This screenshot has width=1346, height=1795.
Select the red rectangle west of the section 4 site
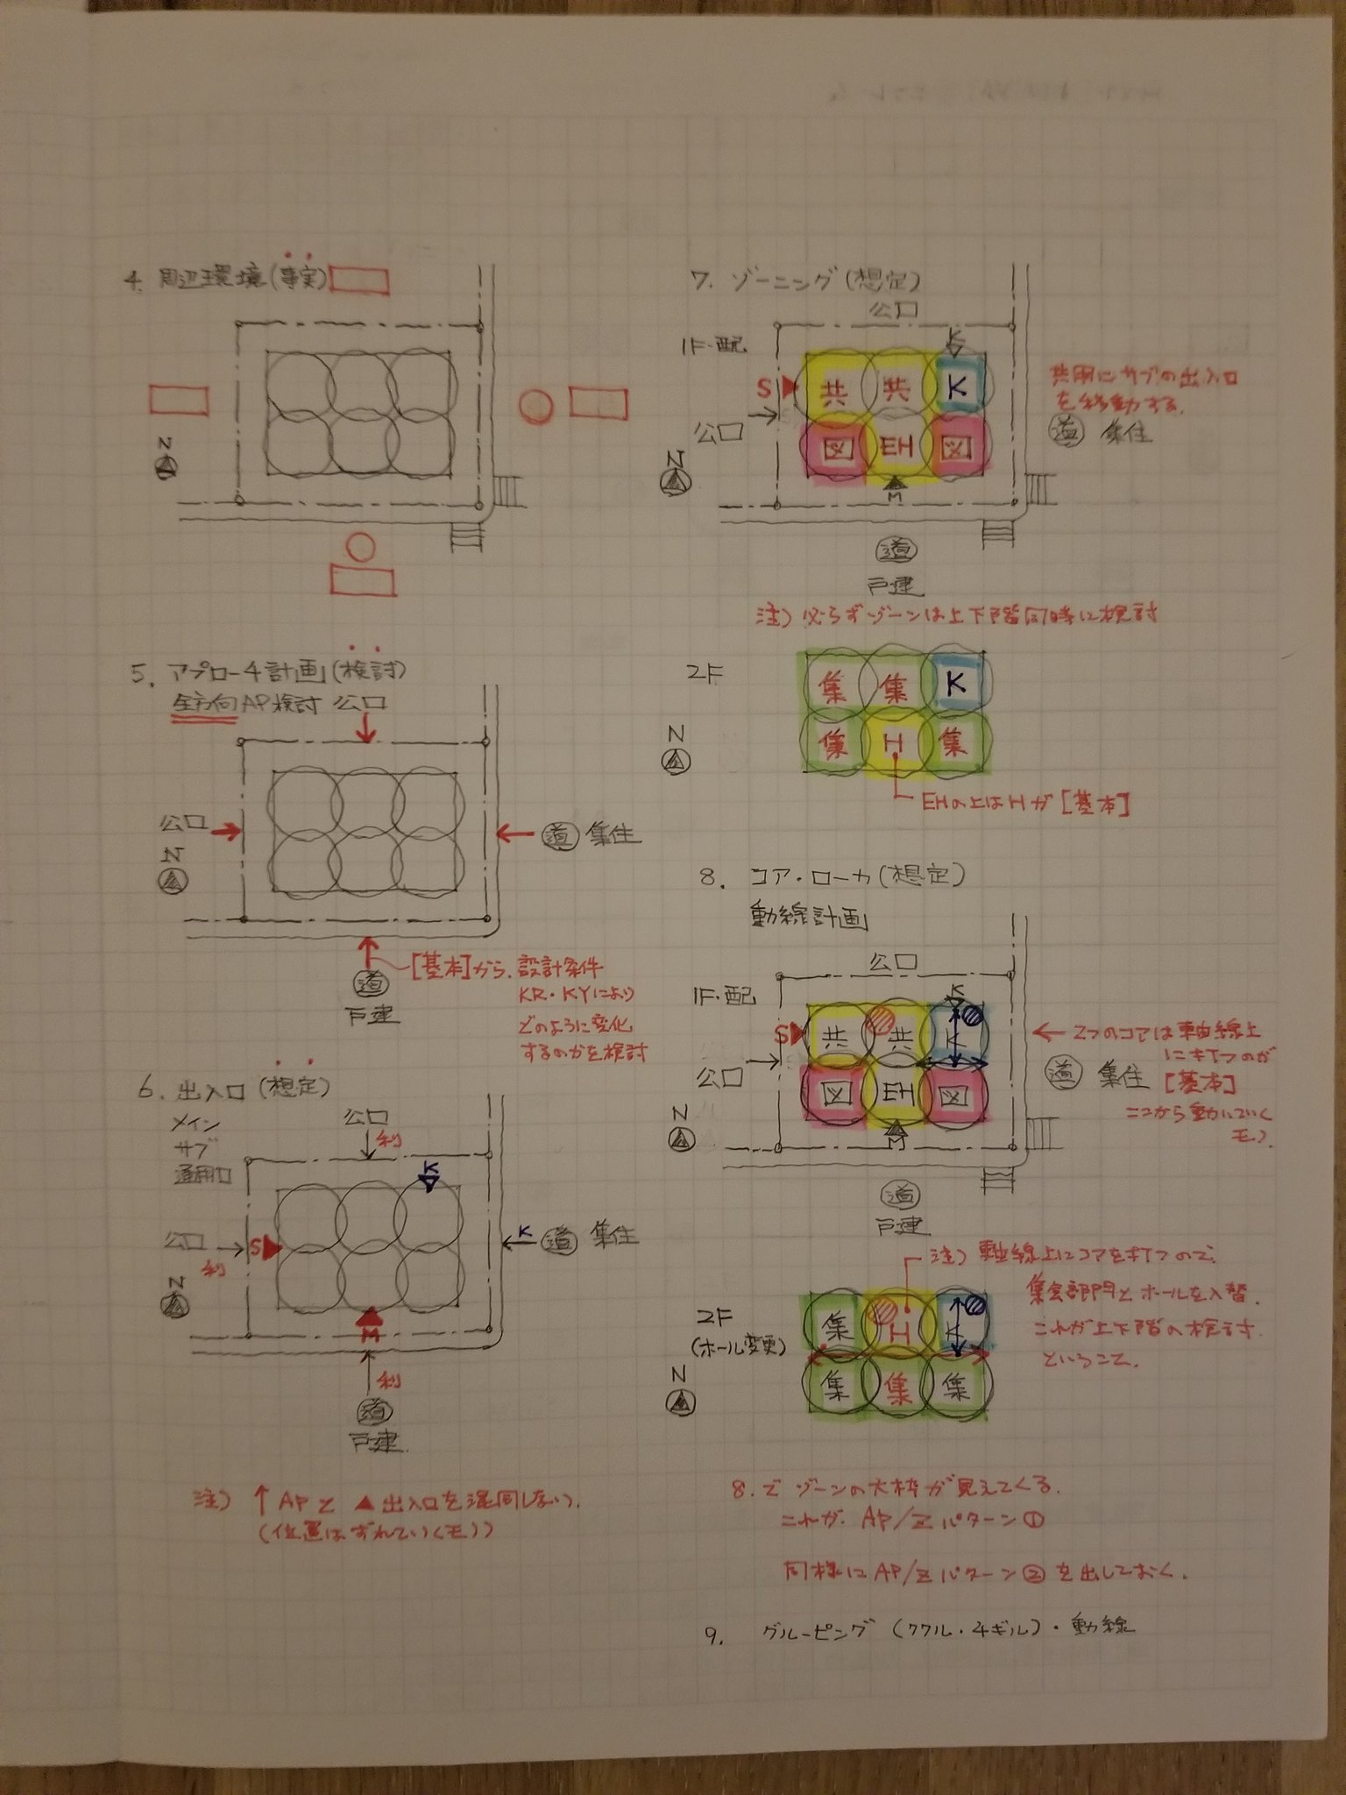[179, 401]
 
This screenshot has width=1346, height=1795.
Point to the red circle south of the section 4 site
[359, 548]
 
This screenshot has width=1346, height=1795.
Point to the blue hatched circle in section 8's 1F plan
[971, 1017]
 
